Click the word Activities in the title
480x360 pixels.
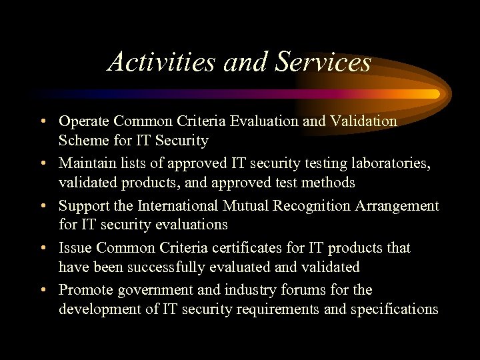(x=161, y=62)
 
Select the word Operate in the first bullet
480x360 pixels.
(x=84, y=121)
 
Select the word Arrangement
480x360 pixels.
(x=400, y=206)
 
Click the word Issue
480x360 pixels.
(x=75, y=248)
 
